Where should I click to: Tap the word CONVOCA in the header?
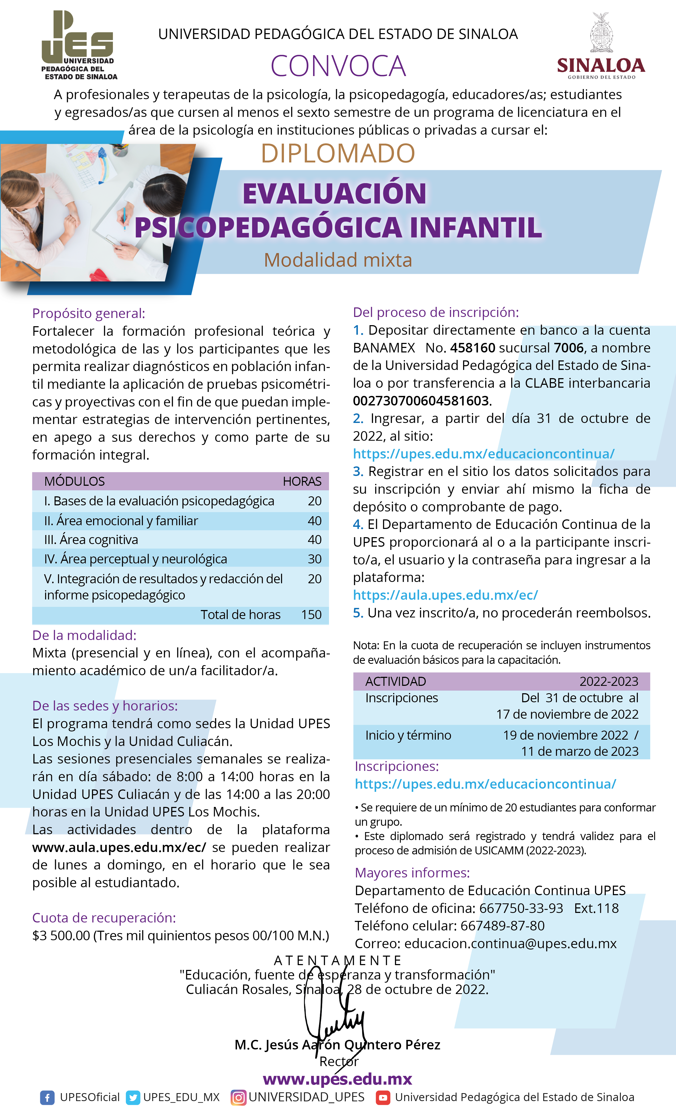[x=338, y=66]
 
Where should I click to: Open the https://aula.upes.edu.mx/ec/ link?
[x=445, y=595]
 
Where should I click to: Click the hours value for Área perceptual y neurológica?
[x=314, y=559]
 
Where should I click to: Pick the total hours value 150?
[x=311, y=615]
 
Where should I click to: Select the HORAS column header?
[x=302, y=482]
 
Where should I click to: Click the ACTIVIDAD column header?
[x=395, y=681]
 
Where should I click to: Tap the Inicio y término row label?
[x=408, y=735]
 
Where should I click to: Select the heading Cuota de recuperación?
[x=104, y=918]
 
